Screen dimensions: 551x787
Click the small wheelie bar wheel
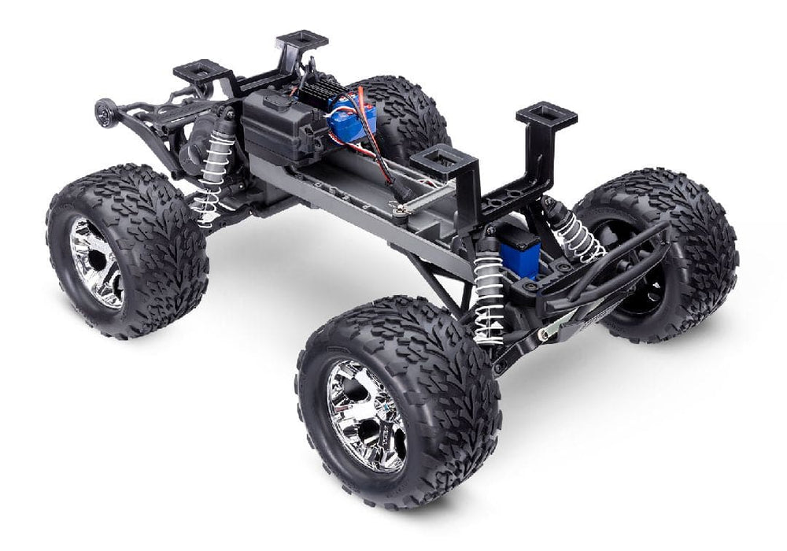point(104,113)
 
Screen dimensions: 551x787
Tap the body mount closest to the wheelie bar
point(204,72)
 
